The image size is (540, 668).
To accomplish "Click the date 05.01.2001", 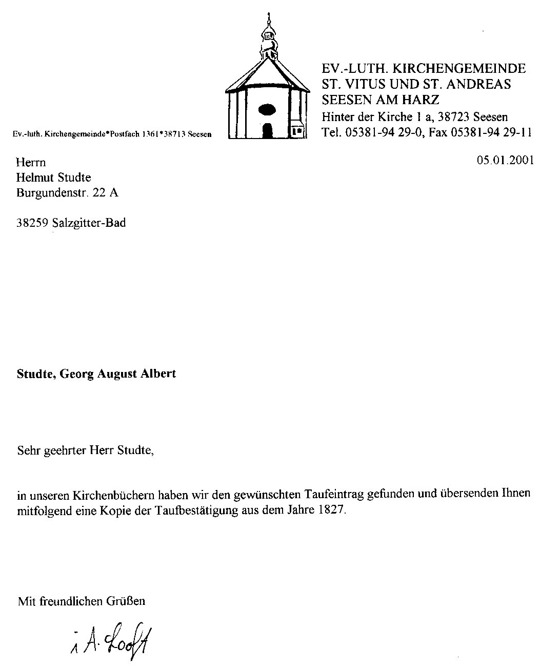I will (x=505, y=160).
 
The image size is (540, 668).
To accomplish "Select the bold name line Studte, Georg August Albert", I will (x=96, y=374).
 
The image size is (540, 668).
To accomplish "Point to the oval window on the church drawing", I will (x=267, y=109).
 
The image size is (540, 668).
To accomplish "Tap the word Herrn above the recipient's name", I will (x=31, y=163).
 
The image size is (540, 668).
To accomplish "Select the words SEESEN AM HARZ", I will (x=380, y=99).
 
